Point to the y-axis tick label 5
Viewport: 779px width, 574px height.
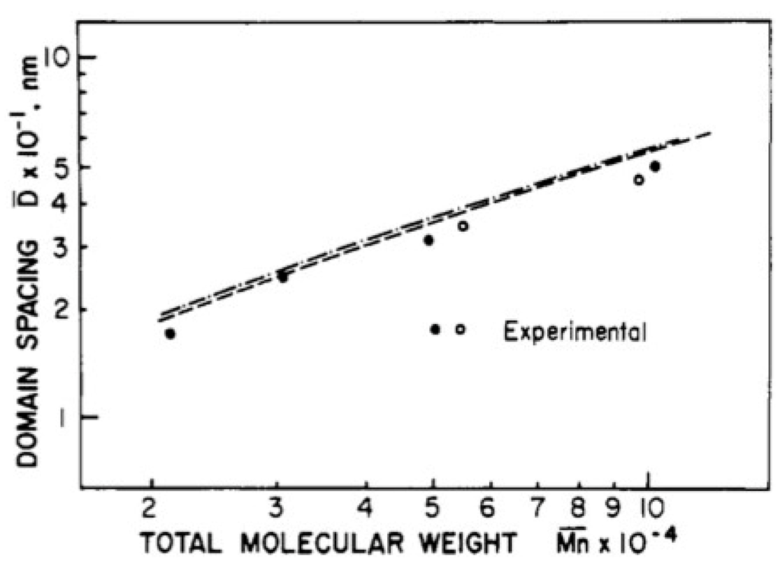(65, 168)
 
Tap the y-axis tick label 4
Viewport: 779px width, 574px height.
(65, 204)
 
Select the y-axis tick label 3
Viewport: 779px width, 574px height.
(65, 247)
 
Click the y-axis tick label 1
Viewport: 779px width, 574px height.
(67, 417)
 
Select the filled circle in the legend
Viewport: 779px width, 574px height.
(435, 329)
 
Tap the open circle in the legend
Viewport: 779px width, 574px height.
(460, 329)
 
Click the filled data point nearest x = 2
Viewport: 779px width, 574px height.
(170, 333)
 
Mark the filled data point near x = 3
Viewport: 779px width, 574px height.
(282, 277)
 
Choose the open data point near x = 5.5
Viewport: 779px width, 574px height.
(463, 226)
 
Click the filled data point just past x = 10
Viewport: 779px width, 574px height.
(655, 166)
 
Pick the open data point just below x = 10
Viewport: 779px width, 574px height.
(639, 180)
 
